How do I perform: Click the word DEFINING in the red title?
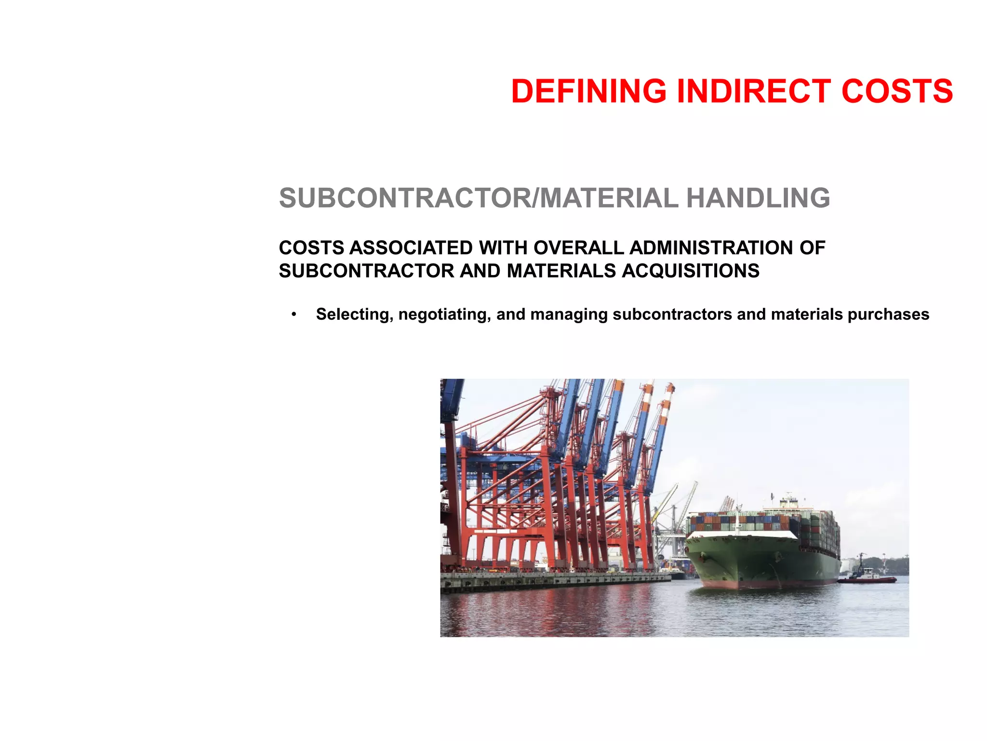point(588,92)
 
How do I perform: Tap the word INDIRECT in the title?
point(754,92)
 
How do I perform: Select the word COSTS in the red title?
point(897,92)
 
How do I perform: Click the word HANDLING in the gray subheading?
point(758,198)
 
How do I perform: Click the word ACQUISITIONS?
point(691,271)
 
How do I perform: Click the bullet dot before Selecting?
point(293,315)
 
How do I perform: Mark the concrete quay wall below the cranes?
point(554,581)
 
